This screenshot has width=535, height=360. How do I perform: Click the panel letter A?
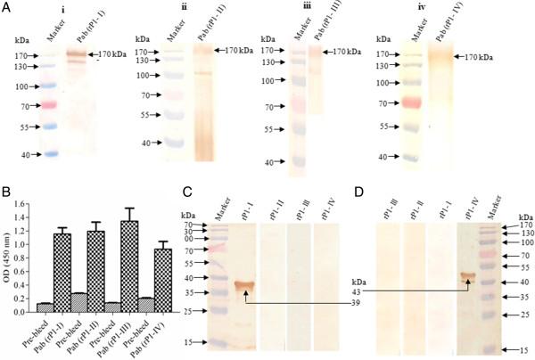point(7,7)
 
